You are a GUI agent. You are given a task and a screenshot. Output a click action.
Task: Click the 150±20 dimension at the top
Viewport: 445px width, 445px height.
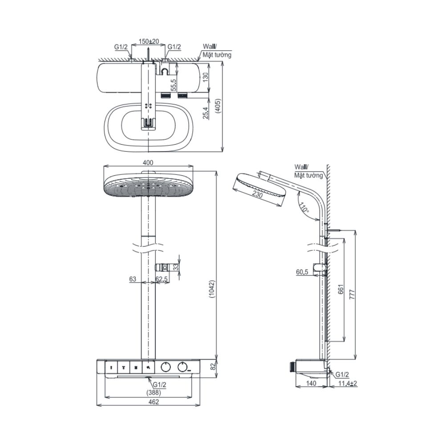(149, 41)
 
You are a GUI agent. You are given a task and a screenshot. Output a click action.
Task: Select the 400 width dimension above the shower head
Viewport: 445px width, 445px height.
(148, 162)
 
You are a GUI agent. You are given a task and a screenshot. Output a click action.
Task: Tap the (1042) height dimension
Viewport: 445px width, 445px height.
(212, 289)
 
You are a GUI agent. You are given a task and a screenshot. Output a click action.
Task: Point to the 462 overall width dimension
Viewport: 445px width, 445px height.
(154, 402)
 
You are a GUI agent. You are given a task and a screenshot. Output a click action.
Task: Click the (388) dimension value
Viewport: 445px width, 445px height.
(154, 393)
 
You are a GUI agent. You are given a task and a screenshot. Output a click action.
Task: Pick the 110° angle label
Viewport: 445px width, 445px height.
(303, 208)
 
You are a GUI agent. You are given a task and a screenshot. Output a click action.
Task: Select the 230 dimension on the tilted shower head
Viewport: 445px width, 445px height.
(257, 194)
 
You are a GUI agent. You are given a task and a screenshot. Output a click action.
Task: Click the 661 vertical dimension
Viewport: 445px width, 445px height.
(341, 289)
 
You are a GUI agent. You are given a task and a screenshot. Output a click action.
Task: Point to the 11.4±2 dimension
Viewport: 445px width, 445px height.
(348, 384)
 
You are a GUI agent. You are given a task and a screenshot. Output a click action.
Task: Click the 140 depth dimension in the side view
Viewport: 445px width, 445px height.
(311, 383)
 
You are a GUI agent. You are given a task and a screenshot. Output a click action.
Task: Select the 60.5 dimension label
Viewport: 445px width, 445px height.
(302, 272)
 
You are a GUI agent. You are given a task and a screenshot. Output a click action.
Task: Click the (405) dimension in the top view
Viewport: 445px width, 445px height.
(218, 106)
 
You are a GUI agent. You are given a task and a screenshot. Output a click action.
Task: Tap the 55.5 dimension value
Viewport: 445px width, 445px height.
(174, 85)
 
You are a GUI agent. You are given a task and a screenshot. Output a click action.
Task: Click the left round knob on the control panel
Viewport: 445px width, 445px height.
(166, 367)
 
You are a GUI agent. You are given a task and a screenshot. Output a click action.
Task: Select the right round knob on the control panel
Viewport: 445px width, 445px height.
(183, 367)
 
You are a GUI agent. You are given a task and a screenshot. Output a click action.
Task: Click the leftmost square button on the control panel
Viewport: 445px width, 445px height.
(111, 368)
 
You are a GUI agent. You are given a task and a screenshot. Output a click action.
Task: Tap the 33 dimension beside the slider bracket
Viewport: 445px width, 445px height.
(176, 267)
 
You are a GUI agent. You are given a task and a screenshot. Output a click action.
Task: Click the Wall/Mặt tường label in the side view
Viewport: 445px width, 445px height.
(308, 171)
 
